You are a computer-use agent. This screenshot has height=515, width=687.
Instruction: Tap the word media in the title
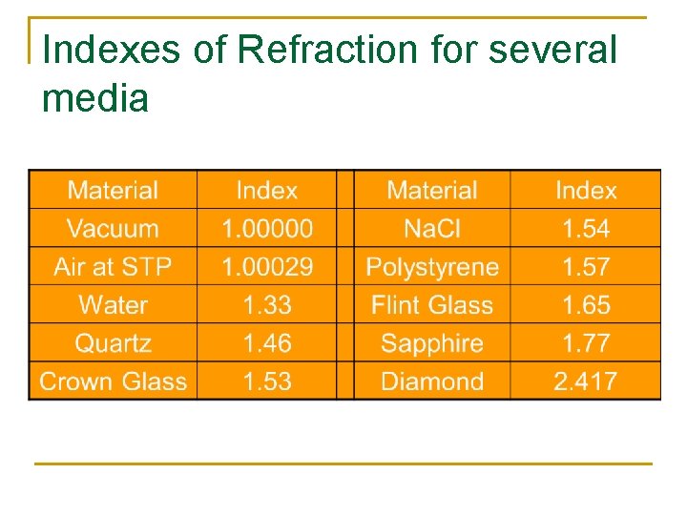pyautogui.click(x=95, y=97)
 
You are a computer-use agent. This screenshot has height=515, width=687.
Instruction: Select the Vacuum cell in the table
pyautogui.click(x=113, y=229)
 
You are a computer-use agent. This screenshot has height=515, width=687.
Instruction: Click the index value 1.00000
pyautogui.click(x=267, y=229)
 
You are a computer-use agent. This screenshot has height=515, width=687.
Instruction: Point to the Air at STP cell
pyautogui.click(x=113, y=267)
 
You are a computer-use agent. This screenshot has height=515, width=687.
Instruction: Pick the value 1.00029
pyautogui.click(x=267, y=267)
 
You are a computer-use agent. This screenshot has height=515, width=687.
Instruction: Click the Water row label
pyautogui.click(x=113, y=305)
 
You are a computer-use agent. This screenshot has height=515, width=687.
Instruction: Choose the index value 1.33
pyautogui.click(x=267, y=305)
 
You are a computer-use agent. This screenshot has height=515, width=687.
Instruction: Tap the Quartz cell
pyautogui.click(x=113, y=343)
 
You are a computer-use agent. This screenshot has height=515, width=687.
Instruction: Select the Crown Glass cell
pyautogui.click(x=113, y=381)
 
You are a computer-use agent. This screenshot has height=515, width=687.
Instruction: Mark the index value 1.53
pyautogui.click(x=267, y=381)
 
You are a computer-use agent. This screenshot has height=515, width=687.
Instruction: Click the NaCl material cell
pyautogui.click(x=432, y=229)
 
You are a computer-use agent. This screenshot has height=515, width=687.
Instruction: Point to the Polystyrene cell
pyautogui.click(x=432, y=267)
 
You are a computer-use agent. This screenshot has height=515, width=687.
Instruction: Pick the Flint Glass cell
pyautogui.click(x=432, y=305)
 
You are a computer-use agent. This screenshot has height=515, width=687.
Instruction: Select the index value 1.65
pyautogui.click(x=586, y=305)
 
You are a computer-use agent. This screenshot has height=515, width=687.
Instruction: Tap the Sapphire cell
pyautogui.click(x=432, y=343)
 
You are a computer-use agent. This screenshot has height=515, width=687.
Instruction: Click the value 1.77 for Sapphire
pyautogui.click(x=586, y=343)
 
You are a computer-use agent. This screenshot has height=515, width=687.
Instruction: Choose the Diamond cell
pyautogui.click(x=432, y=381)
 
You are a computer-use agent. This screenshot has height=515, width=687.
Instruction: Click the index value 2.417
pyautogui.click(x=586, y=381)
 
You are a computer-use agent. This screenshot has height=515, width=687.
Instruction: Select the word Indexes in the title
pyautogui.click(x=113, y=50)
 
